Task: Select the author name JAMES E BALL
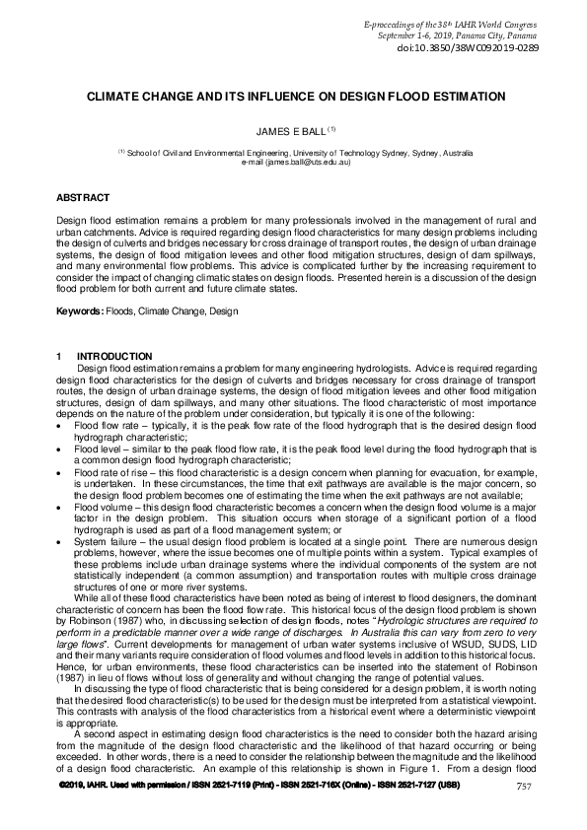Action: coord(288,128)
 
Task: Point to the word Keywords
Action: coord(78,311)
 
